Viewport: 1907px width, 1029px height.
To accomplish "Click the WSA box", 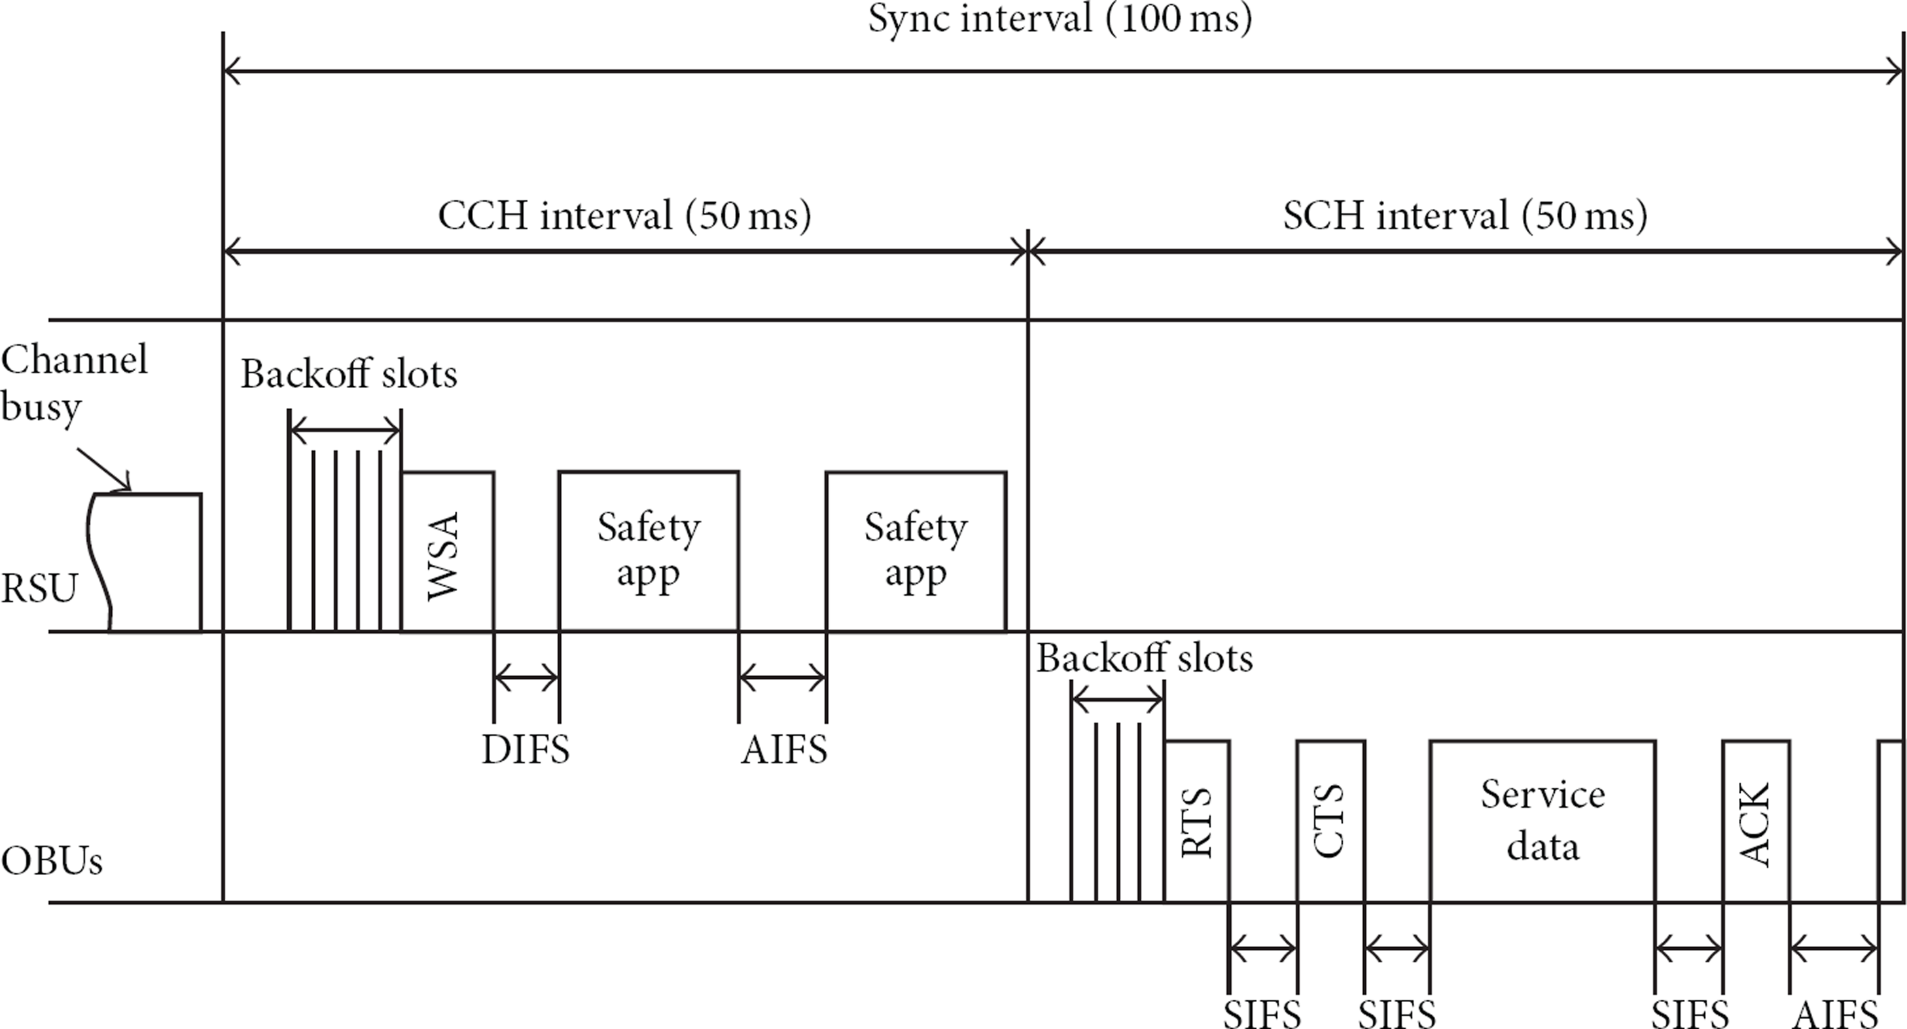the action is click(x=448, y=552).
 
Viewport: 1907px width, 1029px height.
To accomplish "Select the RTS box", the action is click(x=1197, y=821).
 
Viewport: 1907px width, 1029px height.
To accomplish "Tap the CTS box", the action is click(x=1331, y=821).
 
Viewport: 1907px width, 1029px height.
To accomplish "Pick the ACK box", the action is click(x=1756, y=821).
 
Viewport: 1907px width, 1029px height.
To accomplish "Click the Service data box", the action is click(x=1542, y=821).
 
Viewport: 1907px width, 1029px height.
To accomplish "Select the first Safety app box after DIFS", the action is click(x=649, y=552).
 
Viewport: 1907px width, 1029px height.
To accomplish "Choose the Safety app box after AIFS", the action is click(x=916, y=552).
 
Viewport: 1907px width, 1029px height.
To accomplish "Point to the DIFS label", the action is click(x=526, y=751).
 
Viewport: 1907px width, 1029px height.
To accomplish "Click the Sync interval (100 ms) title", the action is click(x=1060, y=18).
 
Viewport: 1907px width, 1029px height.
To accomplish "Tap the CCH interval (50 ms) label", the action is click(x=624, y=216).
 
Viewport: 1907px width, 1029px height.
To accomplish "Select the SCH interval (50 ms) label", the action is click(x=1465, y=216).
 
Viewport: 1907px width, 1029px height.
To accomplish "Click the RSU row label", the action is click(x=39, y=589).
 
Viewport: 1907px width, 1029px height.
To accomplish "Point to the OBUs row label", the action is click(x=51, y=861).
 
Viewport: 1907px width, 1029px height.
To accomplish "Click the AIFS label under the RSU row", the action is click(x=784, y=751).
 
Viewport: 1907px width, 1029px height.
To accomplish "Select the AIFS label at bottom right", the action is click(x=1835, y=1013).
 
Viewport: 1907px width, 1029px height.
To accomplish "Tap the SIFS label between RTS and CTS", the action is click(x=1262, y=1013).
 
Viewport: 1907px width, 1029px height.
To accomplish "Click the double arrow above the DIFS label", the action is click(x=526, y=676).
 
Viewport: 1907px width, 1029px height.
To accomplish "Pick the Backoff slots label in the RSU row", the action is click(x=349, y=374).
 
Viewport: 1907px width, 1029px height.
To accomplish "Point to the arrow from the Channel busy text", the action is click(x=103, y=469).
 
